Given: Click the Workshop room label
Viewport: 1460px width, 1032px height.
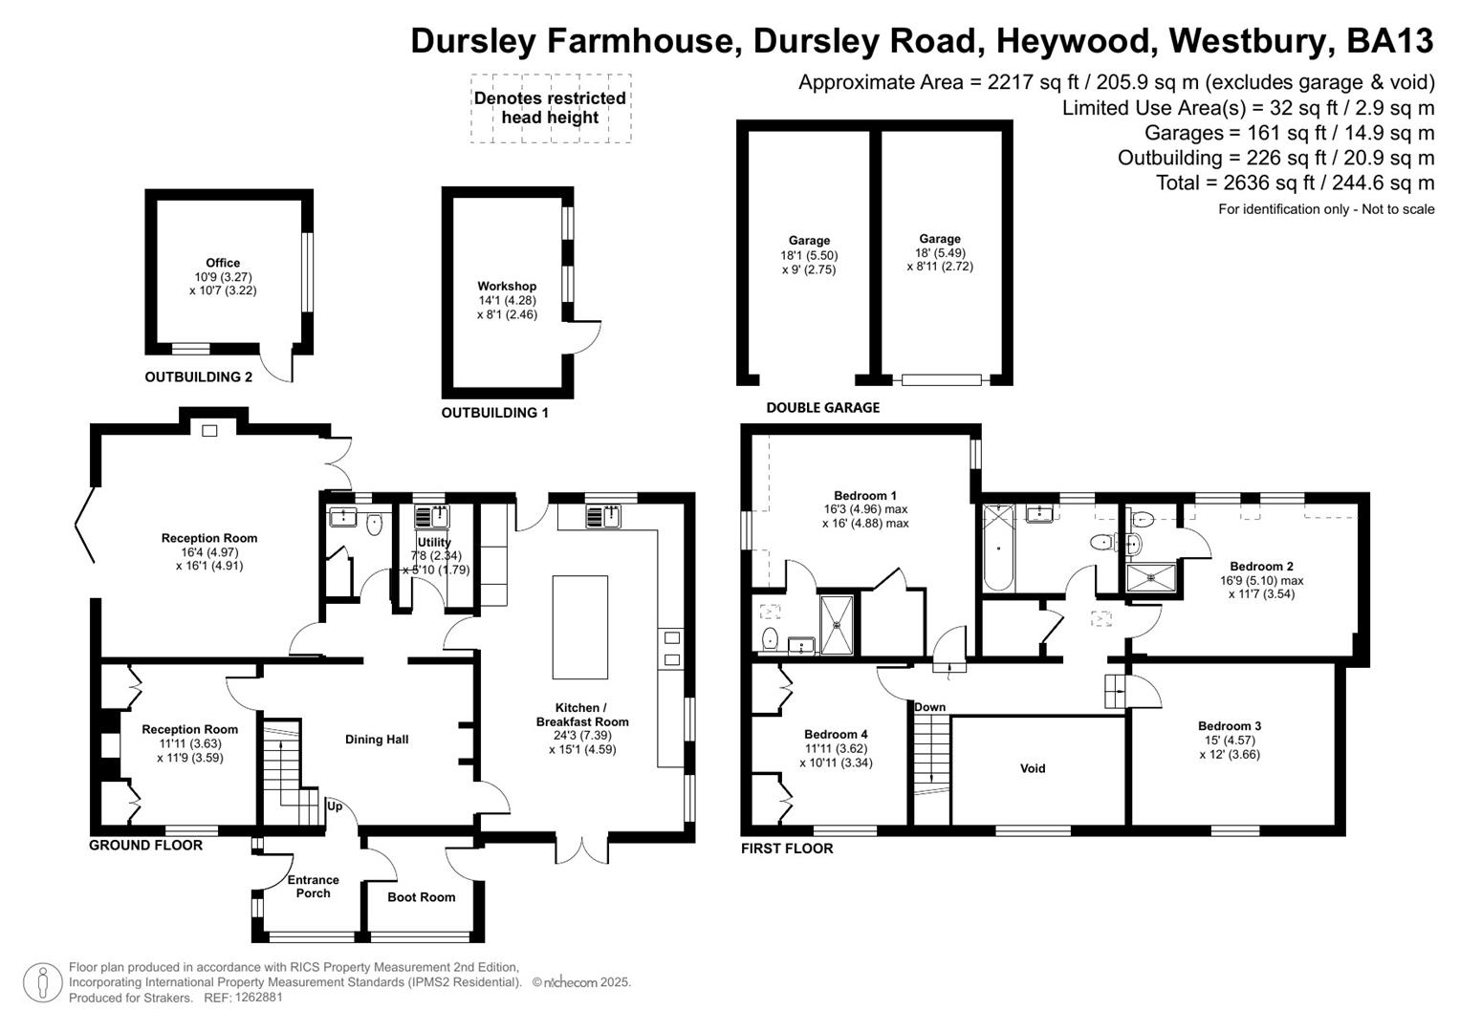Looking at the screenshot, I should (x=507, y=286).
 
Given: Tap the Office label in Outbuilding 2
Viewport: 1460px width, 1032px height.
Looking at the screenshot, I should (x=223, y=263).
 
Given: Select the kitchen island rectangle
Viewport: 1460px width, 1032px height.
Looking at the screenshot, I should (x=579, y=627).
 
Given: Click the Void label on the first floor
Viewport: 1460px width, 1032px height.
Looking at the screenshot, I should (x=1033, y=768).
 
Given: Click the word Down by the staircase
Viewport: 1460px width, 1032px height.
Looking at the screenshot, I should (x=929, y=707).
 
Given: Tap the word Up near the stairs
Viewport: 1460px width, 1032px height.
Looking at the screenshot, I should (x=335, y=806).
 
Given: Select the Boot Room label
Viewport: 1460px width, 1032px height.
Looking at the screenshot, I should (x=421, y=897).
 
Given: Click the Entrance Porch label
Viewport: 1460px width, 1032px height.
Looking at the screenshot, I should (x=313, y=887).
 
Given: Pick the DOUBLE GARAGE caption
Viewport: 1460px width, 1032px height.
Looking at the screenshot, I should (x=822, y=408).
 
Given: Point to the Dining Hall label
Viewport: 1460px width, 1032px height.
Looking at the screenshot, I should (x=377, y=739).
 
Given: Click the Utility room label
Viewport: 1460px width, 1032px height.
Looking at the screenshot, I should (x=434, y=542).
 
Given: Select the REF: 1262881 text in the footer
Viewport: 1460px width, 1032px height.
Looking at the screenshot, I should (x=241, y=998).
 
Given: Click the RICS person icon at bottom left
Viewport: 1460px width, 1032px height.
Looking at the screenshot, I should (x=42, y=983).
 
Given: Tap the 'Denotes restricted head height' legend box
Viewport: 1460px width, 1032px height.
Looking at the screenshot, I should (x=550, y=108).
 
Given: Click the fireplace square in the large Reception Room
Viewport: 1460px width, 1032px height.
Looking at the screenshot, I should (x=209, y=431).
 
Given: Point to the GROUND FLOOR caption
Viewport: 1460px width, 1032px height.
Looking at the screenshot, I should (x=145, y=845).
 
